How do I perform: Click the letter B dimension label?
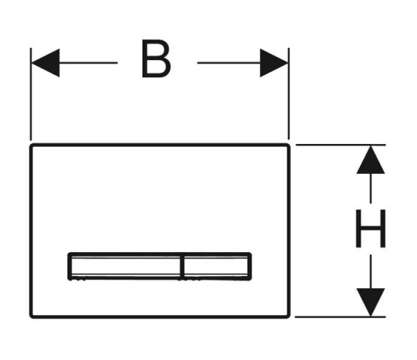[156, 58]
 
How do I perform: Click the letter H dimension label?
[370, 229]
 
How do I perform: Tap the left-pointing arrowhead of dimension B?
[45, 63]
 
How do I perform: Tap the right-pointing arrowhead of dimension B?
[274, 63]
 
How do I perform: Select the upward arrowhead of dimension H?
[370, 160]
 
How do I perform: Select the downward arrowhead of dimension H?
[370, 302]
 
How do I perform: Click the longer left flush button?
[125, 266]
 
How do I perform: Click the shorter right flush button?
[217, 266]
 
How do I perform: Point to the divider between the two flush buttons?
[182, 266]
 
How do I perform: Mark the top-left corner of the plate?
[31, 145]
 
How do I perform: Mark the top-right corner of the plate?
[289, 145]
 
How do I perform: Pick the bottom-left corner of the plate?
[31, 317]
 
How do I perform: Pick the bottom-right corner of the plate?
[289, 317]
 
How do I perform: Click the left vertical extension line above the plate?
[31, 94]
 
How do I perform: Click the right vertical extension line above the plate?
[289, 94]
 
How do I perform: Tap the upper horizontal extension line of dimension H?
[340, 145]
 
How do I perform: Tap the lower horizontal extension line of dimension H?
[340, 317]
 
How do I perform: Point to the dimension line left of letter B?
[88, 63]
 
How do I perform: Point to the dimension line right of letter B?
[229, 63]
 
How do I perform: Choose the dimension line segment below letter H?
[370, 271]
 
